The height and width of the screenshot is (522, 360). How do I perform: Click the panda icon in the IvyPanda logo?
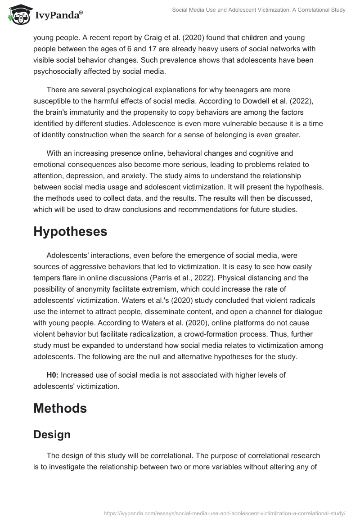tap(18, 15)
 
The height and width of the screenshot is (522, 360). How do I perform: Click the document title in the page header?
tap(259, 10)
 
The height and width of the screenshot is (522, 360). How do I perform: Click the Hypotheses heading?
tap(70, 232)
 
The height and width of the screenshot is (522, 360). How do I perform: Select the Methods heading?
tap(60, 408)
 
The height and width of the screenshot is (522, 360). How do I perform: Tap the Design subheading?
tap(52, 434)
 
